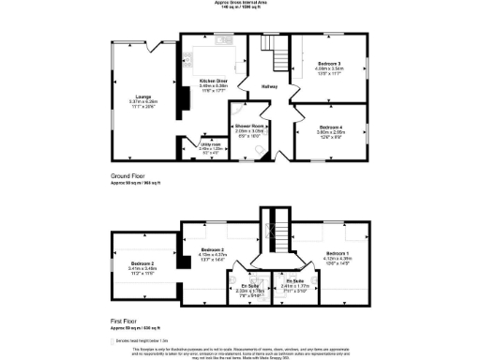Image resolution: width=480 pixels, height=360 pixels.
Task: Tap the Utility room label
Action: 209,144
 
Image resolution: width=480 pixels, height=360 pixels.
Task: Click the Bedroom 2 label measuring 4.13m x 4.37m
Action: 215,249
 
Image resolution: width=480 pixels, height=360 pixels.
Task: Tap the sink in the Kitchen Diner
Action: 223,40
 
